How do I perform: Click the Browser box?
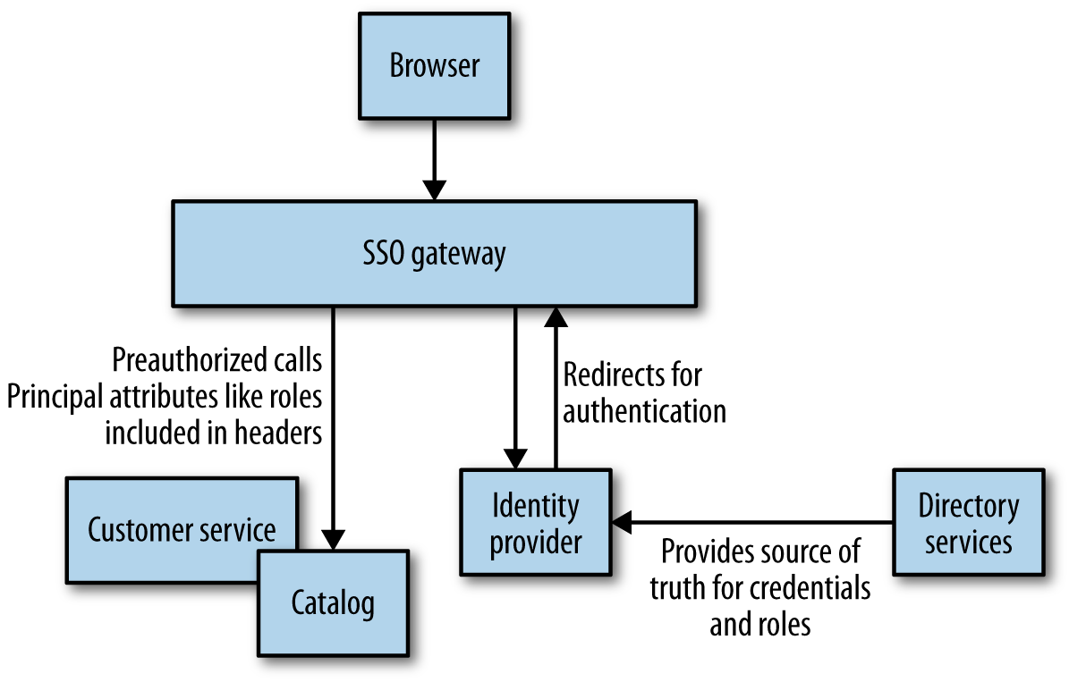(x=434, y=67)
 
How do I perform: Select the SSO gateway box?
(x=434, y=254)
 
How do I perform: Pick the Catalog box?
(x=333, y=604)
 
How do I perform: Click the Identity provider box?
(x=535, y=522)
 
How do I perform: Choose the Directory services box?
(x=968, y=522)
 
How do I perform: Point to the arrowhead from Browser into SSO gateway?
(x=434, y=190)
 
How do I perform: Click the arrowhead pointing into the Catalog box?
(x=333, y=540)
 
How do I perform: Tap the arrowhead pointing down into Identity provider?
(x=515, y=459)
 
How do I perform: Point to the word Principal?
(x=57, y=397)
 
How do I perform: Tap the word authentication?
(x=644, y=410)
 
